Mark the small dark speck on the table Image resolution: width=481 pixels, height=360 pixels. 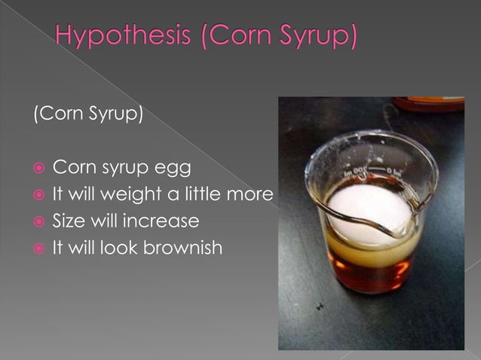320,306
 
